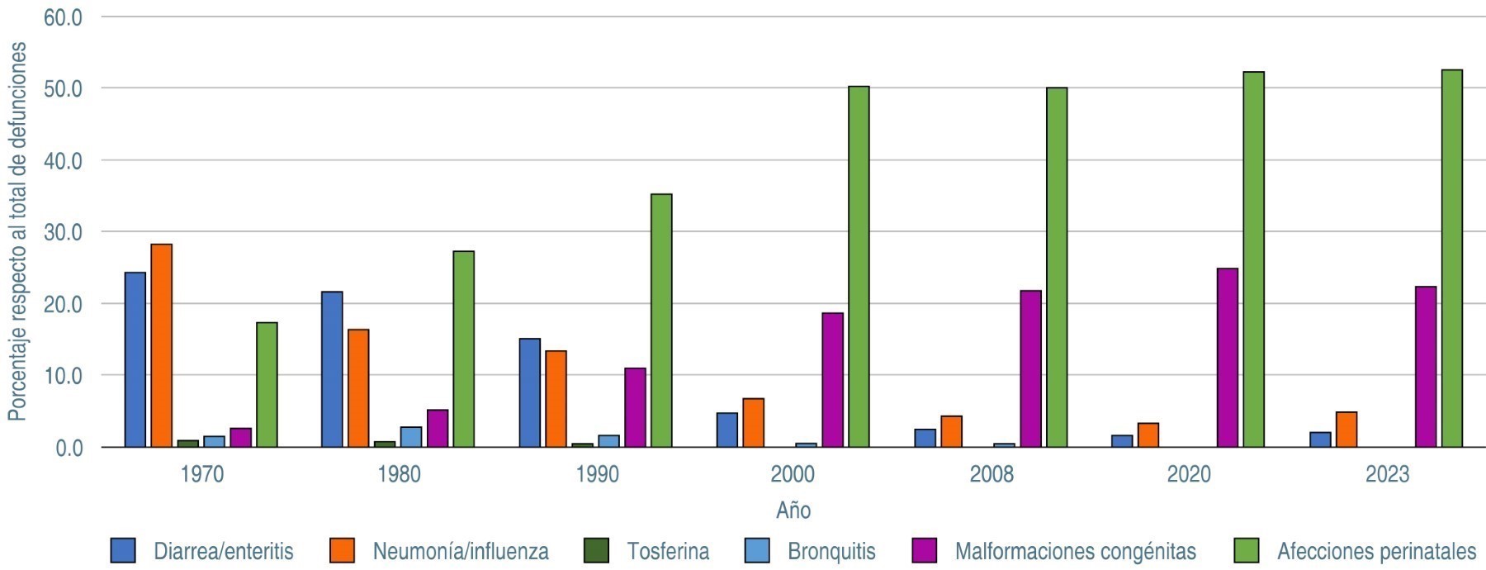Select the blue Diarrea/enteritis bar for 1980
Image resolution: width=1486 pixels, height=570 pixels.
click(x=332, y=369)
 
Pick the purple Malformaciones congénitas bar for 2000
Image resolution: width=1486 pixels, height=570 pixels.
click(x=832, y=380)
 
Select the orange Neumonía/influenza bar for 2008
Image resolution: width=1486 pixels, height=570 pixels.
click(x=951, y=431)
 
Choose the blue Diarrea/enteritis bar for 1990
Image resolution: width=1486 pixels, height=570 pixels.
click(x=529, y=392)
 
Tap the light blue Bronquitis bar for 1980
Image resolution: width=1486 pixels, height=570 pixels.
click(x=411, y=437)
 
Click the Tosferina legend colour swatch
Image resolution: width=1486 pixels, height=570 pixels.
click(x=595, y=550)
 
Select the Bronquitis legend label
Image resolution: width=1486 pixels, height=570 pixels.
click(x=831, y=551)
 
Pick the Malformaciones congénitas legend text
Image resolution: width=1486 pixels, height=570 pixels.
click(x=1075, y=551)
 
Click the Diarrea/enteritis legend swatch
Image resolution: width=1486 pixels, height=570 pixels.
click(x=123, y=550)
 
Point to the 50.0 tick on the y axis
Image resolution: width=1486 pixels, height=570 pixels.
click(x=63, y=88)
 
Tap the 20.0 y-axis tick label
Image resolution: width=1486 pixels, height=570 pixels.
click(x=63, y=304)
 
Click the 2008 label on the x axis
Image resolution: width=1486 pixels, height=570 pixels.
click(x=991, y=474)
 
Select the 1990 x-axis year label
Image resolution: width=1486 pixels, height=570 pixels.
click(x=597, y=474)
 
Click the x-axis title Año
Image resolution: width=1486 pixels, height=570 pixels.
click(x=793, y=511)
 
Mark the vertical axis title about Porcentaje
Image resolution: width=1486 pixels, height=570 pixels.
click(x=17, y=231)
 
